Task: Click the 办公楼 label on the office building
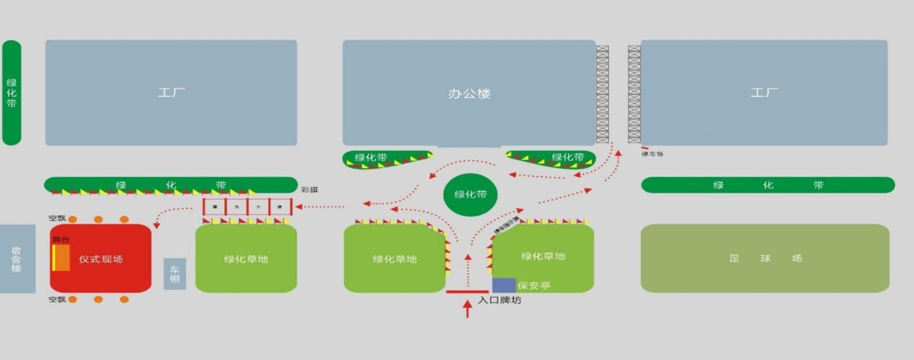click(x=469, y=94)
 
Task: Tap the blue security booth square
click(x=503, y=285)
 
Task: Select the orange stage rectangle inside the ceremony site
click(x=62, y=258)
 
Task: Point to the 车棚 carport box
click(x=175, y=274)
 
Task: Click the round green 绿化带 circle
click(x=470, y=194)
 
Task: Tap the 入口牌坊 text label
click(x=499, y=301)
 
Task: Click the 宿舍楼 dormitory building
click(x=17, y=259)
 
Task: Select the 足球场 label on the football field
click(x=765, y=258)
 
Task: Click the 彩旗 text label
click(x=309, y=190)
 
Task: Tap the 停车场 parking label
click(x=652, y=155)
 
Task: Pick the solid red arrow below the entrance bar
click(x=467, y=308)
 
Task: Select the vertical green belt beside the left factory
click(x=12, y=93)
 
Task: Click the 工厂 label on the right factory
click(x=764, y=93)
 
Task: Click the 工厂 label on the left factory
click(x=171, y=93)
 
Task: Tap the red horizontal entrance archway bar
click(x=467, y=292)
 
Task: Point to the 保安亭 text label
click(x=534, y=286)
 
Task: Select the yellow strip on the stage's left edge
click(x=53, y=258)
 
